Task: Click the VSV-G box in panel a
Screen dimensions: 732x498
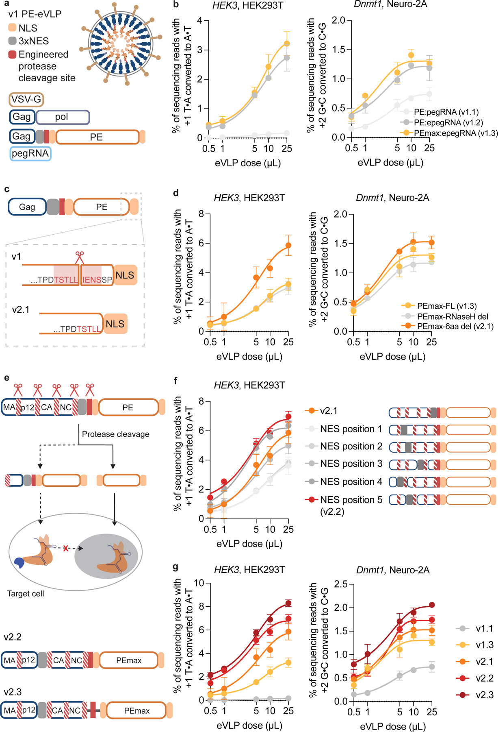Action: [26, 99]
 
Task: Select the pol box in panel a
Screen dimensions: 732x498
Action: [63, 117]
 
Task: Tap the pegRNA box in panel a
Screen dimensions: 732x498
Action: [30, 153]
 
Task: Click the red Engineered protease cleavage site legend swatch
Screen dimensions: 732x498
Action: [12, 54]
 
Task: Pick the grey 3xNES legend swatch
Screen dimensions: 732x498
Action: [12, 41]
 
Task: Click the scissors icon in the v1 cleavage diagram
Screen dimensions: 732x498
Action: [80, 257]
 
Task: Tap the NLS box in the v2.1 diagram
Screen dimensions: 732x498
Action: [115, 324]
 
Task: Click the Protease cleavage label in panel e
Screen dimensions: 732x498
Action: [115, 434]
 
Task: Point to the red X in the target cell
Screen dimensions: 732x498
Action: [66, 549]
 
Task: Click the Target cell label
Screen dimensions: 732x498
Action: [26, 594]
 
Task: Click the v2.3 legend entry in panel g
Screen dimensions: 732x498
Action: [485, 695]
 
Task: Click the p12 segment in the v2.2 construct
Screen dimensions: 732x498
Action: [28, 660]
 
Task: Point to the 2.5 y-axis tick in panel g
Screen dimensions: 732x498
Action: [342, 584]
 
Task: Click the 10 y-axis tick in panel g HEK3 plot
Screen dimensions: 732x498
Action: [199, 583]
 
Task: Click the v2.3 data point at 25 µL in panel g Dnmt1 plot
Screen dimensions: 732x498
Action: [432, 605]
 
